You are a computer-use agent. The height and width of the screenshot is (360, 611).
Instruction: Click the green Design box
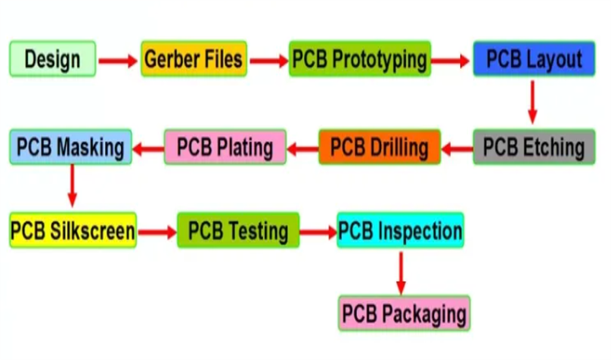[x=52, y=58]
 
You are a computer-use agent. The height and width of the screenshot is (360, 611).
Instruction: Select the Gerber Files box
[x=194, y=58]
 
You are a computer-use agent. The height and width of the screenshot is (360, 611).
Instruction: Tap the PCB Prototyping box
[x=360, y=58]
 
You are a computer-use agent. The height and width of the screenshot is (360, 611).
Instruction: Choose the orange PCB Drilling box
[x=379, y=146]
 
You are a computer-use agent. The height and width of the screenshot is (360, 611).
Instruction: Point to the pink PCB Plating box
[x=225, y=146]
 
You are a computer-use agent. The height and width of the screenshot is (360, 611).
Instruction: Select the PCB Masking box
[x=71, y=146]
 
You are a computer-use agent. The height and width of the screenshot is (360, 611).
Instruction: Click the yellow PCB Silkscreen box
[x=73, y=230]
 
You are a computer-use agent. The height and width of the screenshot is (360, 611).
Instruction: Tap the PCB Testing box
[x=238, y=230]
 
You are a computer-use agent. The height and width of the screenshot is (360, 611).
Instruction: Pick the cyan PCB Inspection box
[x=400, y=230]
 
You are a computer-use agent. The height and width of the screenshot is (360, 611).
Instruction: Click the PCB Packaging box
[x=404, y=312]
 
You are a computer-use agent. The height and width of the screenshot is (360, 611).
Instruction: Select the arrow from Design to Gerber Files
[x=118, y=59]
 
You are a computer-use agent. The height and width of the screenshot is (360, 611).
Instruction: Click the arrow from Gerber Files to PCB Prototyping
[x=268, y=59]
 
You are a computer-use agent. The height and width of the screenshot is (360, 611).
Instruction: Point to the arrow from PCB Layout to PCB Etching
[x=532, y=101]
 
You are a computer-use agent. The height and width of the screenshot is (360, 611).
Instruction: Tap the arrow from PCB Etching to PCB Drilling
[x=456, y=148]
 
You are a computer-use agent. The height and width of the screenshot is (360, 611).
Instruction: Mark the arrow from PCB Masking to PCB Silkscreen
[x=73, y=185]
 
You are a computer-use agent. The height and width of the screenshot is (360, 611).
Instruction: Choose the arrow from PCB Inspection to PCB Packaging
[x=401, y=272]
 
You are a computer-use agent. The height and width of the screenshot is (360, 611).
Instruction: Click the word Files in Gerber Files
[x=218, y=58]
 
